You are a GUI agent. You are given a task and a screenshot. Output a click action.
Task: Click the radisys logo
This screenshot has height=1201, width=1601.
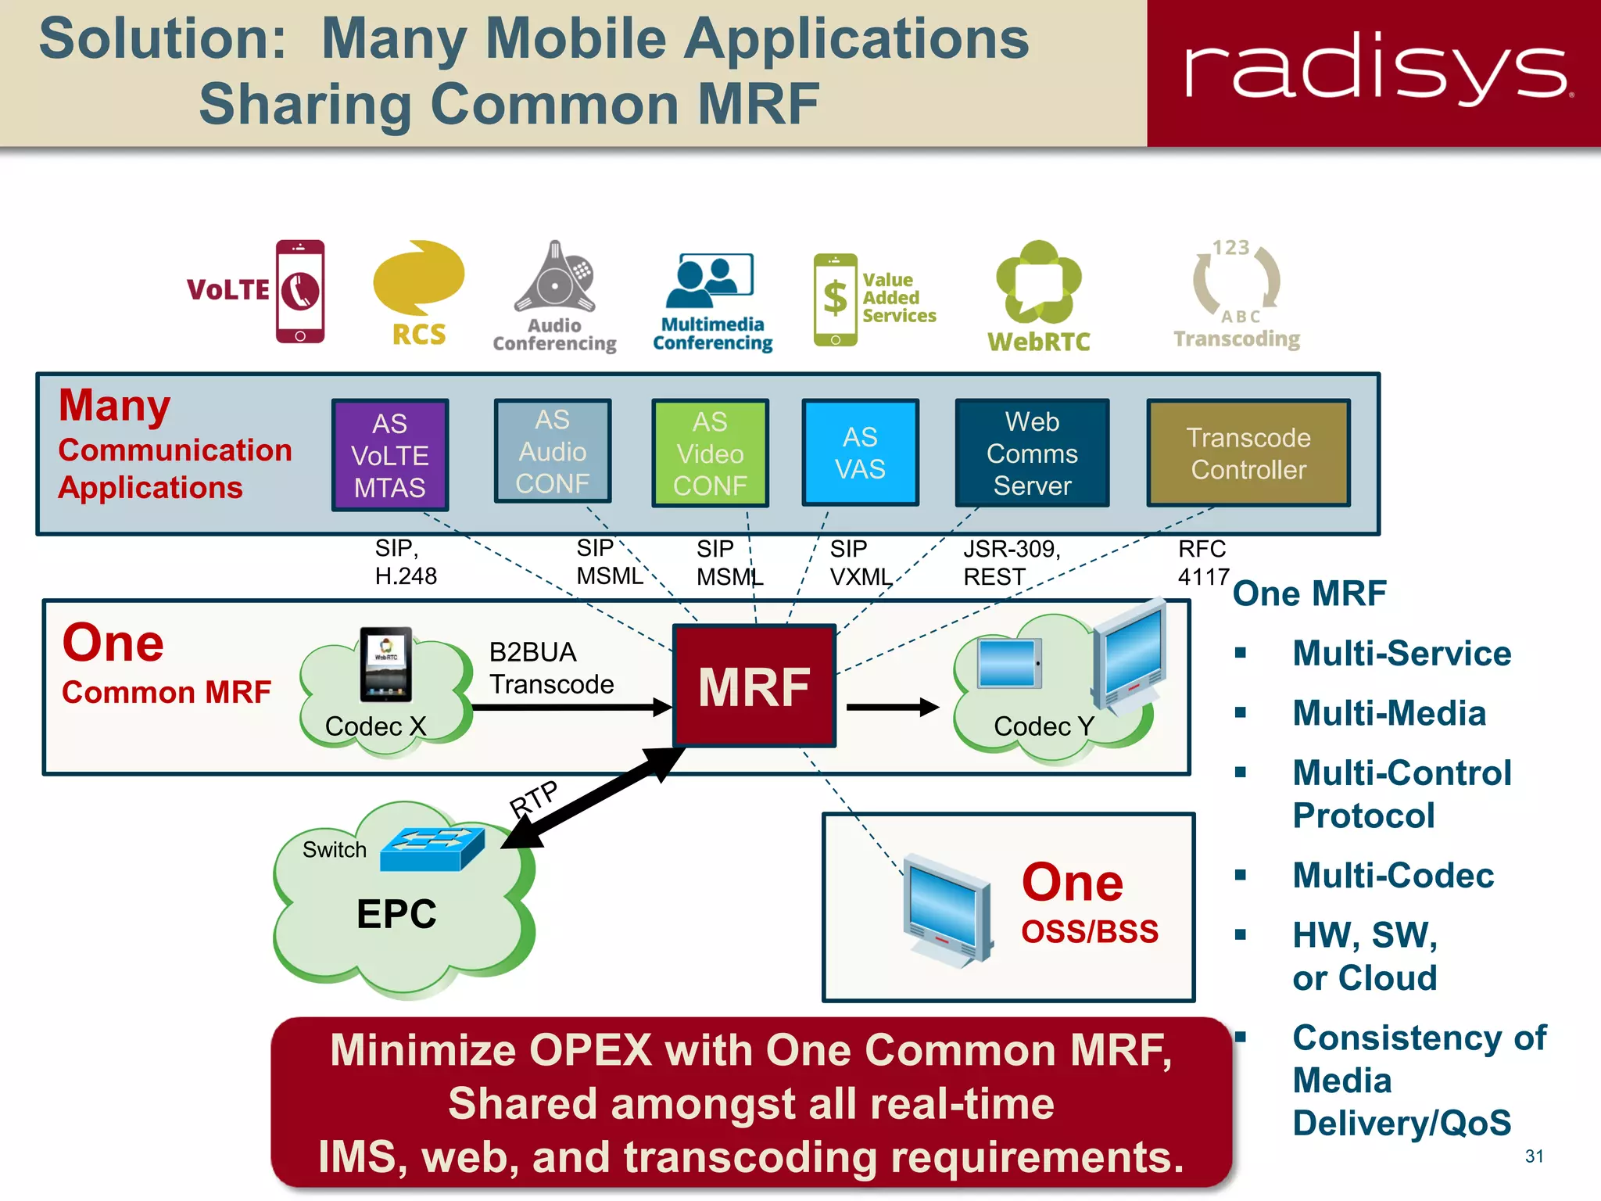coord(1376,70)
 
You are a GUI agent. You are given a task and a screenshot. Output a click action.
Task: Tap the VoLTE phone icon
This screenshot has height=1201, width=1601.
coord(299,291)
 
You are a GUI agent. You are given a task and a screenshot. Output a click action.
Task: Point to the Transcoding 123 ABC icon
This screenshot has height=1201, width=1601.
coord(1236,281)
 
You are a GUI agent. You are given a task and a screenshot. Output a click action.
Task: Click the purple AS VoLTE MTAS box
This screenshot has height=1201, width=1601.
coord(389,455)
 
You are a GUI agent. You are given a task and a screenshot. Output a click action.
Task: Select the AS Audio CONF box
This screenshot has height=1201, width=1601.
coord(552,452)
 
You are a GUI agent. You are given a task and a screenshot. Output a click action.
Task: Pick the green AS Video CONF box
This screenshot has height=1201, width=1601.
coord(710,454)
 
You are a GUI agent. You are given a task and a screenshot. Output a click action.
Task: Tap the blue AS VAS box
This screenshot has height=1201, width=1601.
coord(860,453)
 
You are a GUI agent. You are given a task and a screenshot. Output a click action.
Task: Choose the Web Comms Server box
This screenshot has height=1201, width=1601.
coord(1032,454)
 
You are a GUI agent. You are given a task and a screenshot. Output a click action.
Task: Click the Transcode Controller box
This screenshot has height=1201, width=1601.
coord(1248,454)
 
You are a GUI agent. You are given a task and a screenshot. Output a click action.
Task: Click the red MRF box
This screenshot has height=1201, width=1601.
coord(754,686)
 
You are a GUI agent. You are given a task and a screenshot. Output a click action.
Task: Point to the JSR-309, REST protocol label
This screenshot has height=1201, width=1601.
coord(1011,563)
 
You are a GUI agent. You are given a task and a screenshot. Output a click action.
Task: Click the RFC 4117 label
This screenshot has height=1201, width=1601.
coord(1203,563)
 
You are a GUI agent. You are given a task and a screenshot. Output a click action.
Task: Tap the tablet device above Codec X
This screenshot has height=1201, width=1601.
coord(385,665)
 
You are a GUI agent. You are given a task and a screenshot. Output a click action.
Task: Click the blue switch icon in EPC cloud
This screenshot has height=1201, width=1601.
coord(432,849)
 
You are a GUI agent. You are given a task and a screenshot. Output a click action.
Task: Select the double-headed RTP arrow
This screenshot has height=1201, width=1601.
coord(594,798)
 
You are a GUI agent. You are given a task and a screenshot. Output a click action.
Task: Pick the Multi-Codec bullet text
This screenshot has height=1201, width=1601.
coord(1393,876)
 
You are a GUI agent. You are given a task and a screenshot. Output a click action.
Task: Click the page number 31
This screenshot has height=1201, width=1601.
coord(1534,1156)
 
